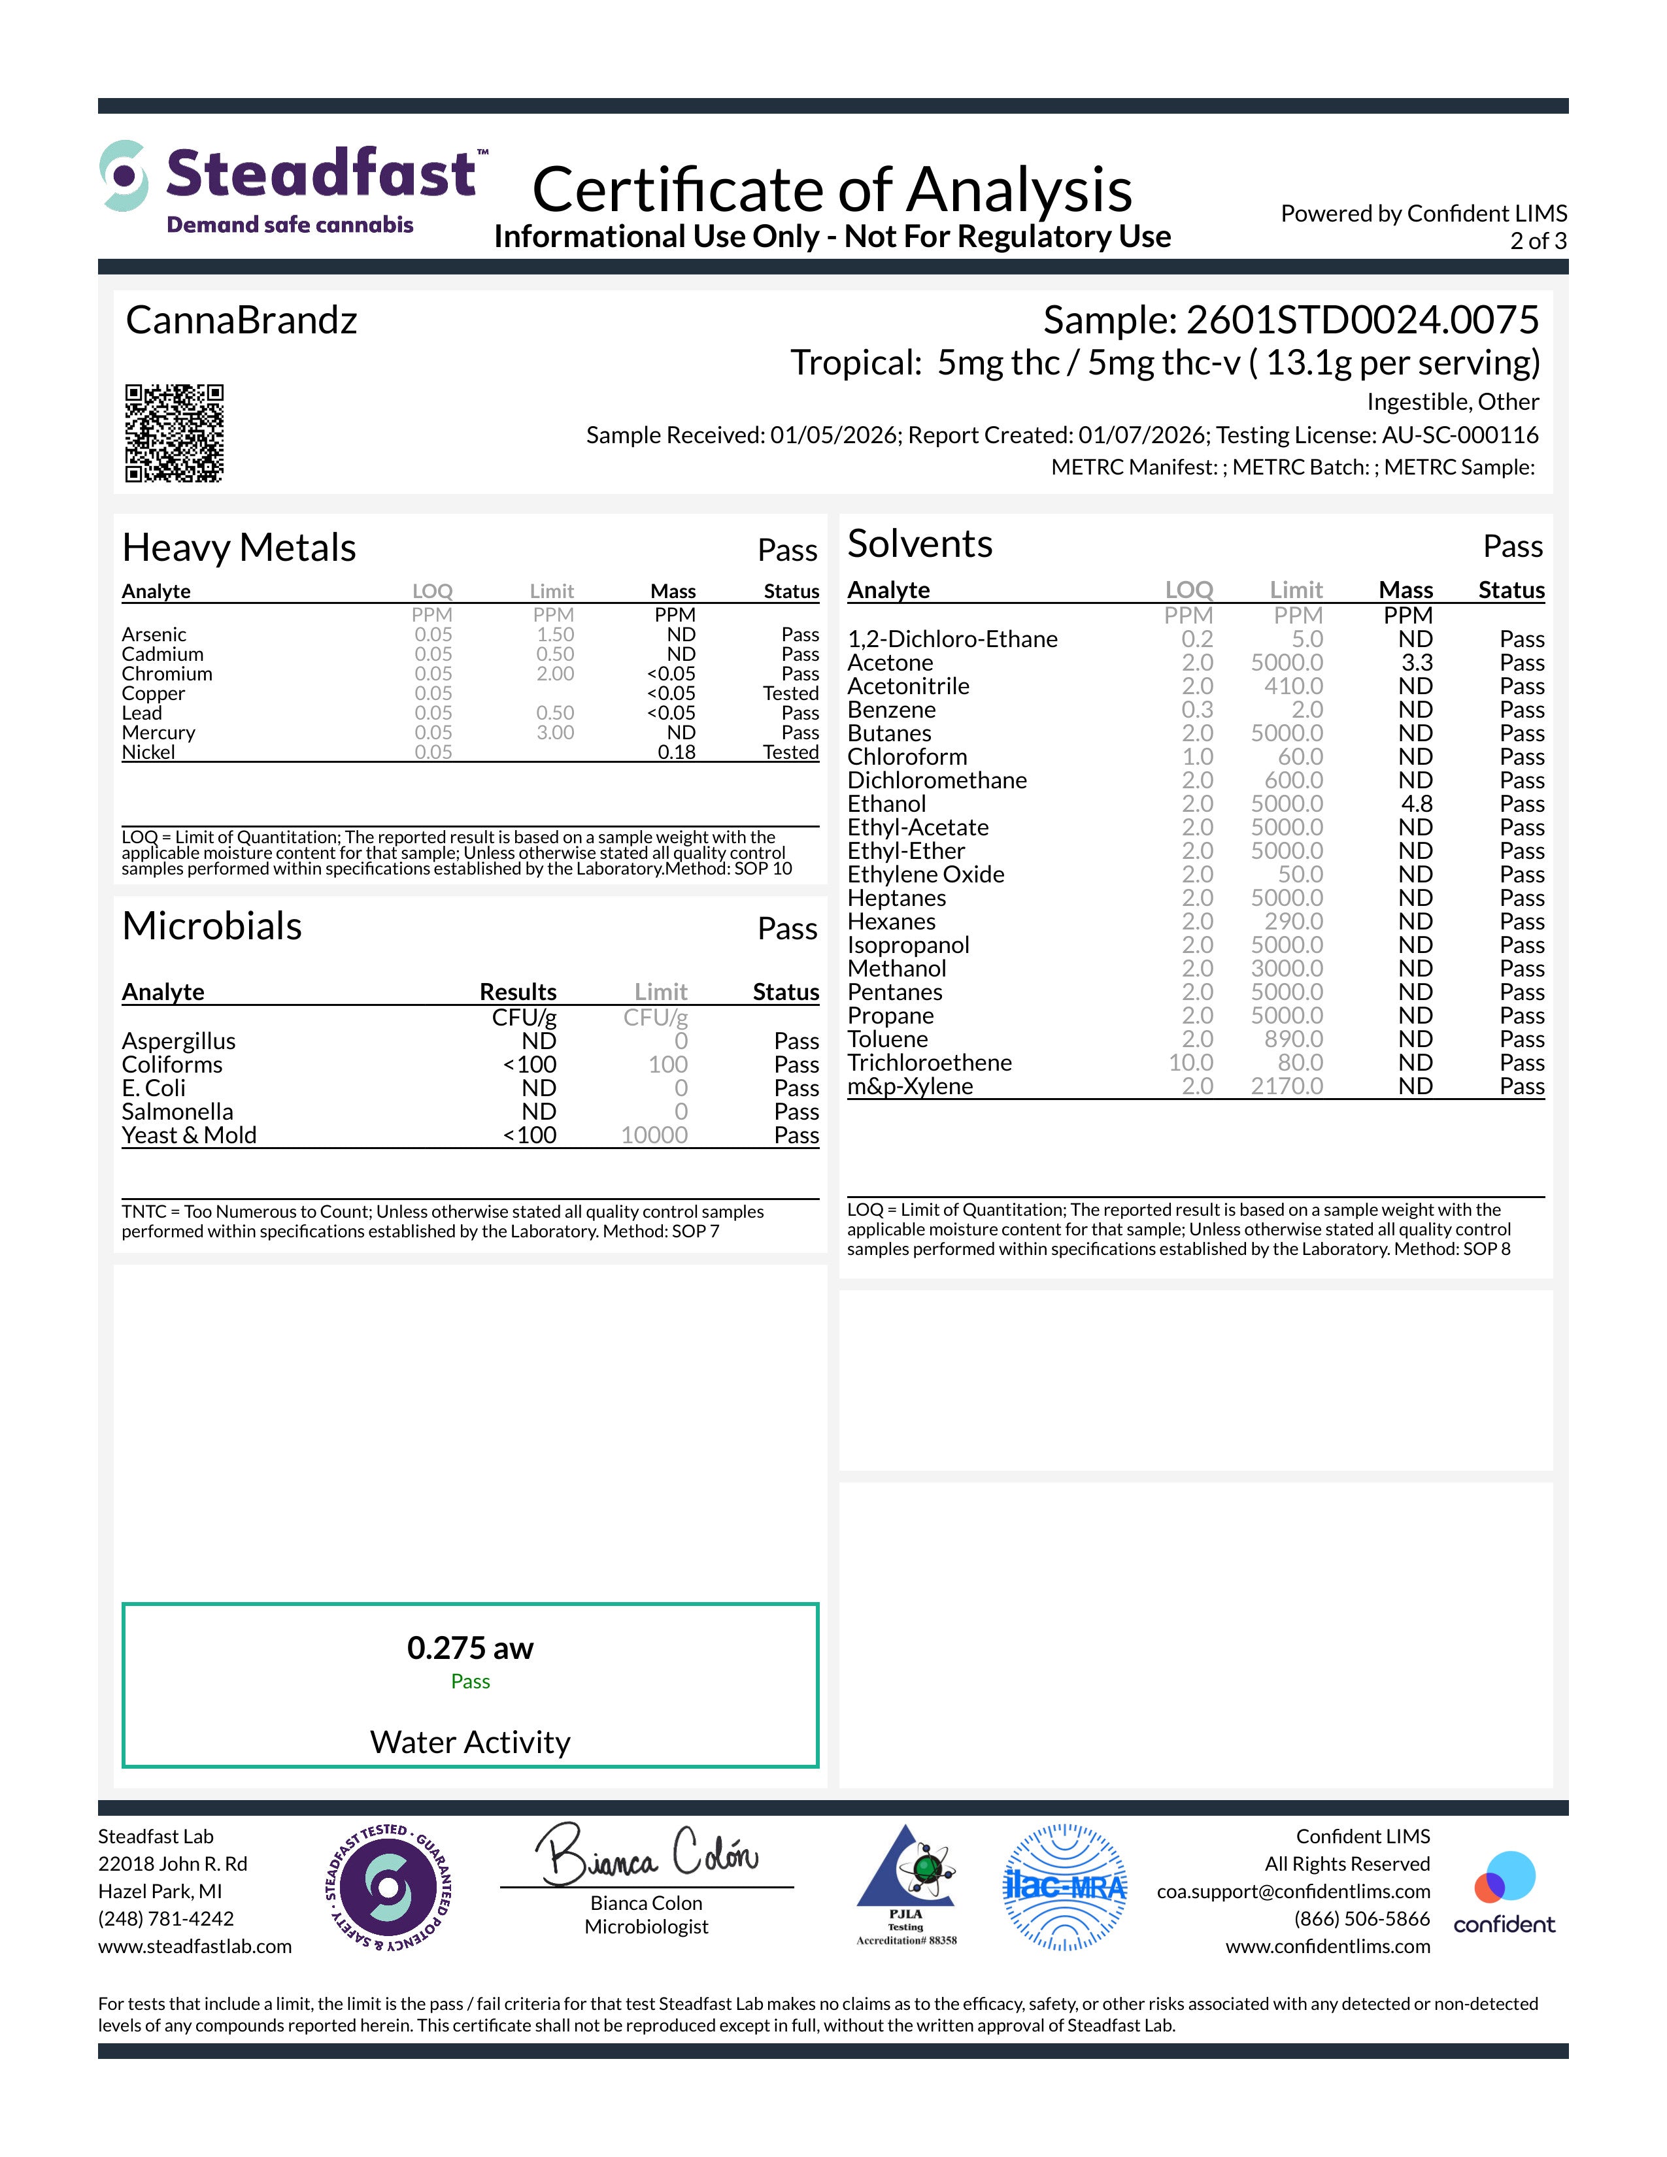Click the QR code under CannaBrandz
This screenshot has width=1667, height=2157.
point(174,433)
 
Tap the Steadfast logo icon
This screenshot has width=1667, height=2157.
point(124,176)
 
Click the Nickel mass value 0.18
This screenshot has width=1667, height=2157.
point(677,752)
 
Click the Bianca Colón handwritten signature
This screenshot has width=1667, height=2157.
point(647,1856)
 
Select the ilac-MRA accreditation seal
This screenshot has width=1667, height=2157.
point(1064,1888)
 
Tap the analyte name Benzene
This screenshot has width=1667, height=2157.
point(891,710)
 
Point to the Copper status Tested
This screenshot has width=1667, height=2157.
point(790,694)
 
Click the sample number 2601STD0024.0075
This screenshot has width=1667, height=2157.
point(1361,320)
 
